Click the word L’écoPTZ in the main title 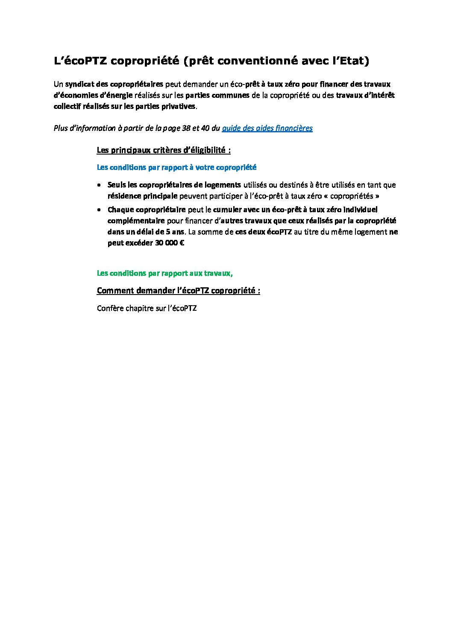pyautogui.click(x=80, y=61)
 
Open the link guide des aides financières pyautogui.click(x=267, y=128)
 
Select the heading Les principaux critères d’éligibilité pyautogui.click(x=164, y=150)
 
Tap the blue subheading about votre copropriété pyautogui.click(x=176, y=167)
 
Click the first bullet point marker pyautogui.click(x=99, y=185)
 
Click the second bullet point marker pyautogui.click(x=99, y=210)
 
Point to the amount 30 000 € pyautogui.click(x=170, y=243)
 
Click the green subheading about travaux pyautogui.click(x=164, y=273)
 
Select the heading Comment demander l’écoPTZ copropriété pyautogui.click(x=178, y=291)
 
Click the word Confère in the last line pyautogui.click(x=110, y=308)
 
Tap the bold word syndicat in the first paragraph pyautogui.click(x=79, y=84)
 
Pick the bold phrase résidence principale pyautogui.click(x=142, y=196)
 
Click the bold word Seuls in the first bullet pyautogui.click(x=117, y=185)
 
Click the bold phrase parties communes pyautogui.click(x=217, y=95)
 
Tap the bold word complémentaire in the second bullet pyautogui.click(x=136, y=221)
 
